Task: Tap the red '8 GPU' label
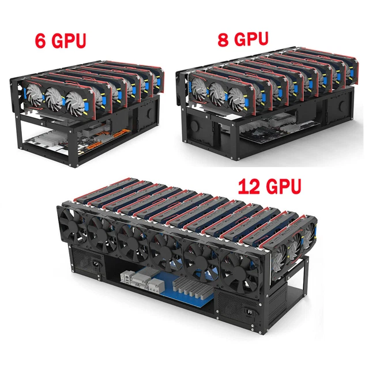tap(244, 39)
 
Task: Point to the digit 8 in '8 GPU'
tap(223, 39)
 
